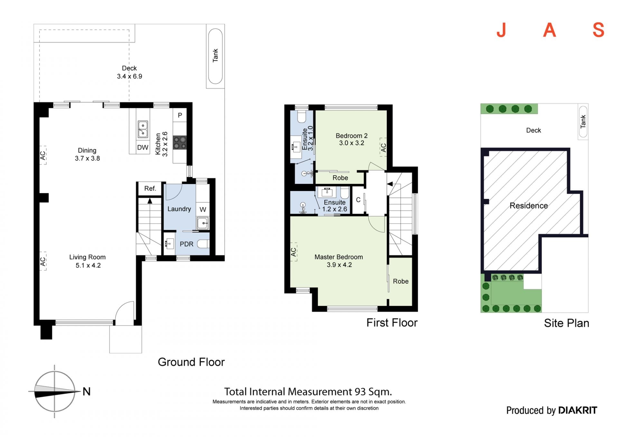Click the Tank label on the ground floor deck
(215, 55)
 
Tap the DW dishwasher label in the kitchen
(143, 147)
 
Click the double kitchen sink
(143, 129)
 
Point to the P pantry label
(180, 115)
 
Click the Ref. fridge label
(150, 188)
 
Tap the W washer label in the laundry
(203, 209)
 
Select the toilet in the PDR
(203, 244)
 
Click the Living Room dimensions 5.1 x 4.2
(88, 265)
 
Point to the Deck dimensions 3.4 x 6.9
(129, 76)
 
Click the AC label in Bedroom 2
(383, 147)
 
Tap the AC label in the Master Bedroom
(293, 252)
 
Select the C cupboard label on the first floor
(358, 200)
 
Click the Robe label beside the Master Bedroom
(401, 281)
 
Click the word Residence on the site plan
(529, 205)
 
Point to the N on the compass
(87, 391)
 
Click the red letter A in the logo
(549, 30)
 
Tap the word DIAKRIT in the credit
(577, 410)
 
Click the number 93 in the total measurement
(360, 392)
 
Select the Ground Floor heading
(191, 362)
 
